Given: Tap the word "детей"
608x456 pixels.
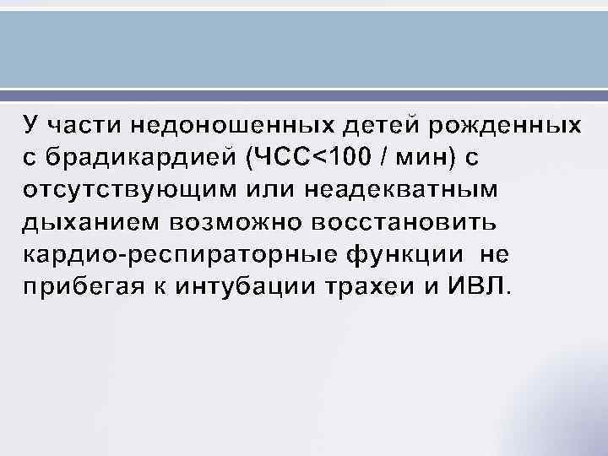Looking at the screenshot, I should tap(372, 125).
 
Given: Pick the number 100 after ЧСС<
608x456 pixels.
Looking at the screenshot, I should tap(349, 157).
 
